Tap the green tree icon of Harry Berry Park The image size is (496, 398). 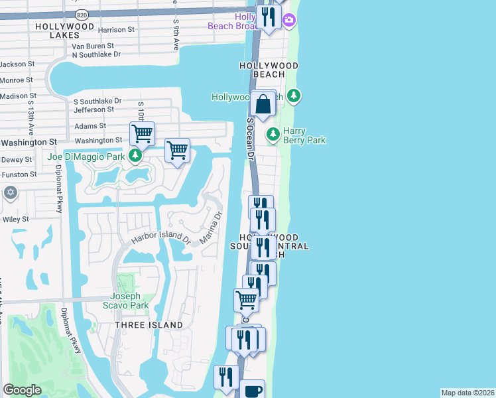coord(273,135)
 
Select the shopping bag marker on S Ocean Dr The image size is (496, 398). coord(263,105)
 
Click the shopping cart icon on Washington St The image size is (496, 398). coord(143,133)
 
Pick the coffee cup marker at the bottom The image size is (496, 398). coord(253,391)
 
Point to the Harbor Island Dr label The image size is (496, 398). coord(160,237)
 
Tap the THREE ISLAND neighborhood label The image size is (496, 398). coord(149,325)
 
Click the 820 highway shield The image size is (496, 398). coord(82,13)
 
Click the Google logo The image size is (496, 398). coord(23,390)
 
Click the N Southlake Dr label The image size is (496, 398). coord(97,54)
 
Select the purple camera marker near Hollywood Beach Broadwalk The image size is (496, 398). coord(289,21)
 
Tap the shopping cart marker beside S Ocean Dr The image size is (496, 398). coord(247,300)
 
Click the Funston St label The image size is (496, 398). coord(19,174)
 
